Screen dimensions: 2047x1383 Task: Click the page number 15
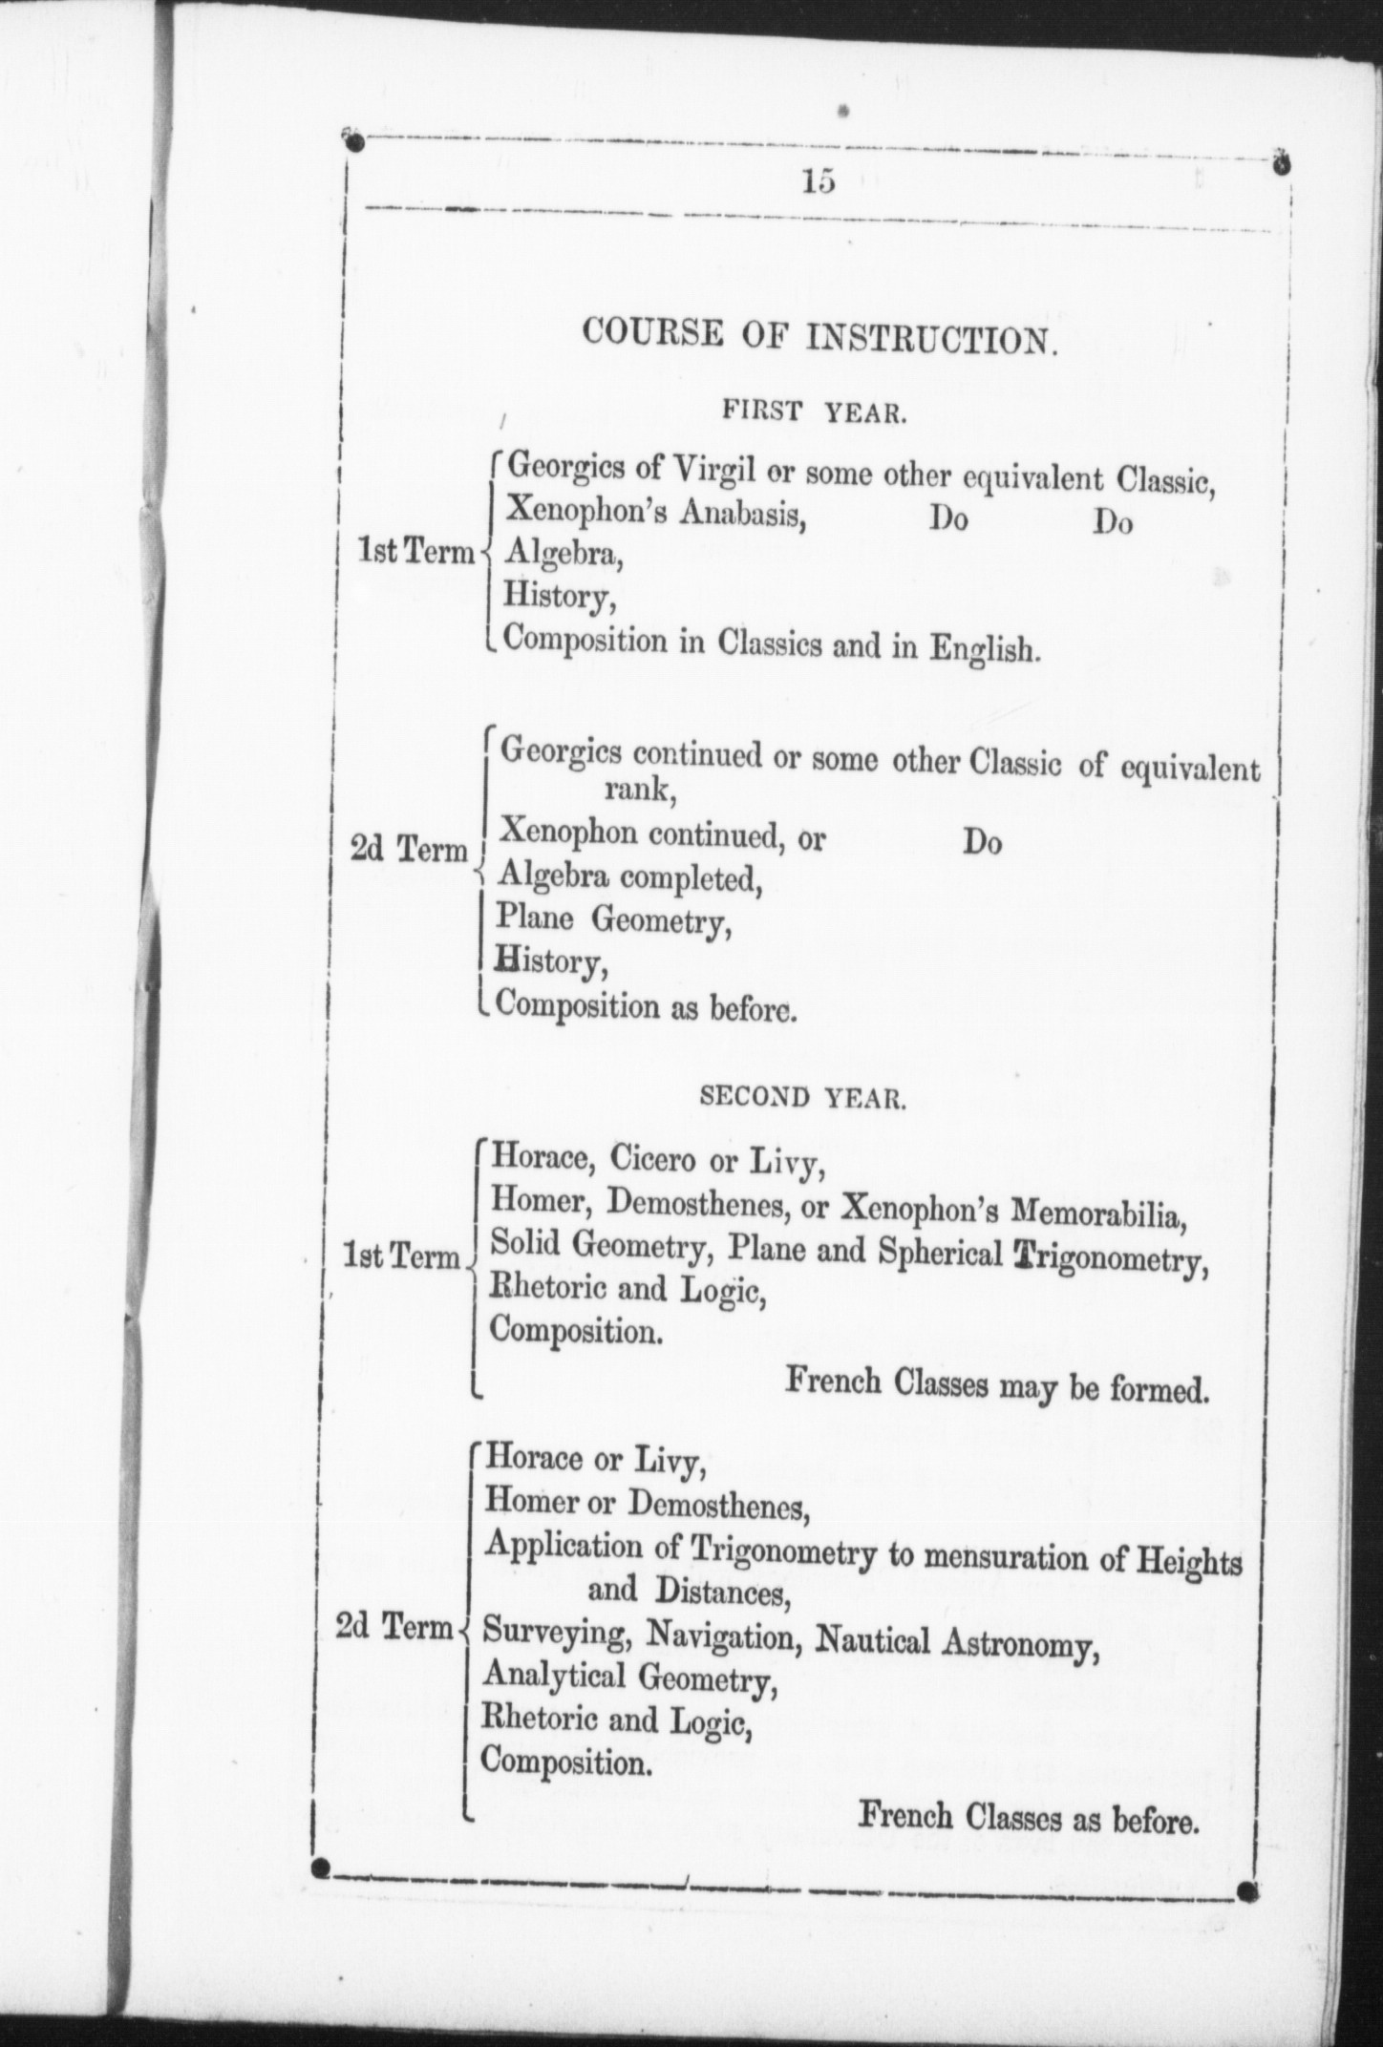819,180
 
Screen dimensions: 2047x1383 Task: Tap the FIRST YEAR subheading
813,413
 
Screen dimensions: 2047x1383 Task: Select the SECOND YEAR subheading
802,1098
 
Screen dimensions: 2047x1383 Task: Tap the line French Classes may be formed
996,1383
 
